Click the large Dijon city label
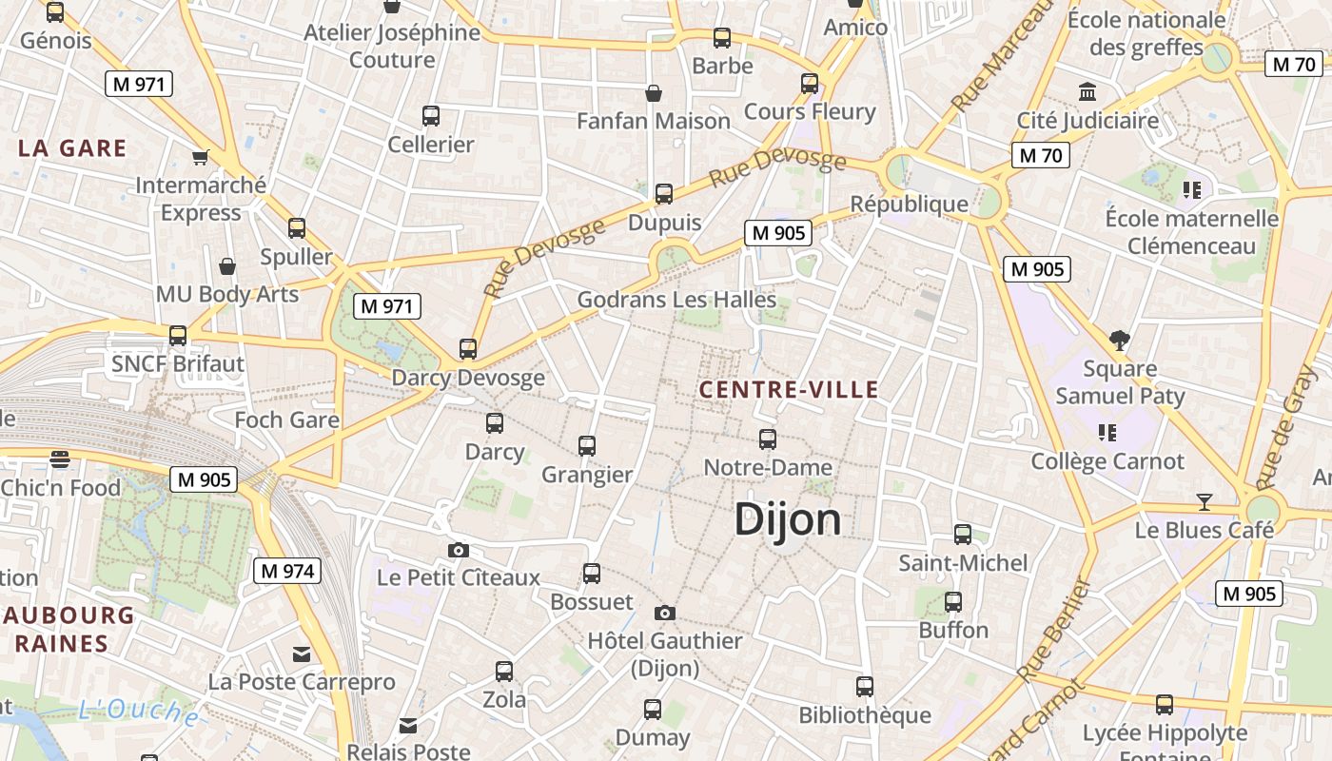[788, 520]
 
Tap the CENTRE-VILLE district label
[789, 389]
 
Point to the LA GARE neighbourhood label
[72, 148]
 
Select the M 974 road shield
[287, 571]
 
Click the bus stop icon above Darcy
[495, 423]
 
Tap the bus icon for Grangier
[587, 445]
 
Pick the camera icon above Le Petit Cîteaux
[459, 550]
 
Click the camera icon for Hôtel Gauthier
[665, 613]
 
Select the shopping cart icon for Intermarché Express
[200, 157]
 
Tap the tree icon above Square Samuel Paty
[1120, 340]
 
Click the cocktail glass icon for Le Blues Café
[1205, 501]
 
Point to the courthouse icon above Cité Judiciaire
[1087, 92]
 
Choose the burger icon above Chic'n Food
[60, 459]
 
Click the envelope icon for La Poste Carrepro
[302, 654]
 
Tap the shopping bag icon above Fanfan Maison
[654, 93]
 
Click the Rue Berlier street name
[1053, 631]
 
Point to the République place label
[909, 204]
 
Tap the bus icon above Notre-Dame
[768, 439]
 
